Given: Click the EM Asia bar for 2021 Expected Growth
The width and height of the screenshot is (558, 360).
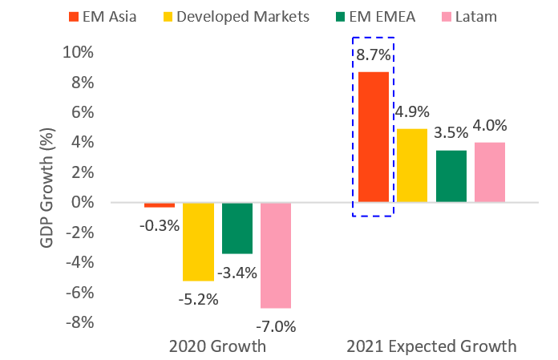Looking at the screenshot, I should (373, 136).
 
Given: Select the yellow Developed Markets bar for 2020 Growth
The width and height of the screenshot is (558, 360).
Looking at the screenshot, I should (198, 241).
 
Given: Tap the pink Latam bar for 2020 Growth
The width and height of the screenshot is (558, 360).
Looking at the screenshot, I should (276, 255).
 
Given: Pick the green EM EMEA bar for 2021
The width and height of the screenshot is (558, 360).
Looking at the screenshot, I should (451, 176).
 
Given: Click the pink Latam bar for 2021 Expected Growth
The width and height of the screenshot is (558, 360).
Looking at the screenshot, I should (490, 172).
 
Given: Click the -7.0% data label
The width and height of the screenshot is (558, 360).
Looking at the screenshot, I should (275, 326).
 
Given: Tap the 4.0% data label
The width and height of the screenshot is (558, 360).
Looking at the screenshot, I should (490, 127).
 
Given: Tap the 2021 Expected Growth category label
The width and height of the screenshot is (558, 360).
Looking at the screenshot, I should (431, 347).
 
